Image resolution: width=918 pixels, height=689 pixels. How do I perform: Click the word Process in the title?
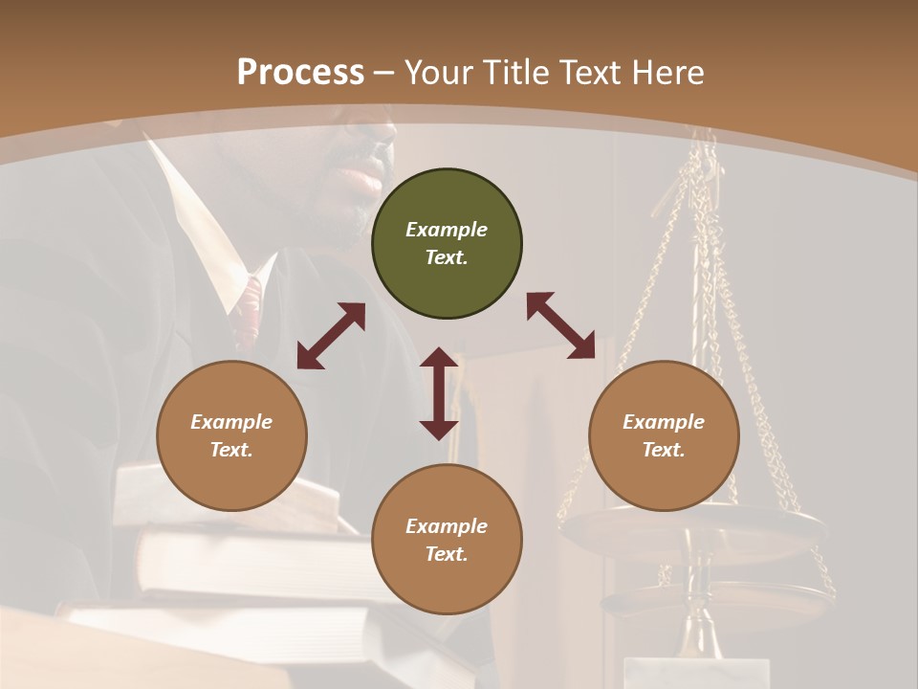click(x=300, y=73)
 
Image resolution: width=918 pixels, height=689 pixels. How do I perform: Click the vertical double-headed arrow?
click(x=439, y=393)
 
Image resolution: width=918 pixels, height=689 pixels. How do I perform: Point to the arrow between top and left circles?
click(x=331, y=336)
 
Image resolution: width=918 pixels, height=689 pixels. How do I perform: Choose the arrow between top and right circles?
click(x=560, y=325)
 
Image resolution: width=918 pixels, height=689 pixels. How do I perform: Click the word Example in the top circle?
click(x=447, y=230)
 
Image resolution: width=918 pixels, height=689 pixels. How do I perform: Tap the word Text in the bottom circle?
click(x=447, y=554)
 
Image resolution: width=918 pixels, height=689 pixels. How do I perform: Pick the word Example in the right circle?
click(x=664, y=422)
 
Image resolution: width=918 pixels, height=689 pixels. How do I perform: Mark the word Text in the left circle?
click(x=231, y=450)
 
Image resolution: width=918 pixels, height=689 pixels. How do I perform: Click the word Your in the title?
click(x=437, y=73)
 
